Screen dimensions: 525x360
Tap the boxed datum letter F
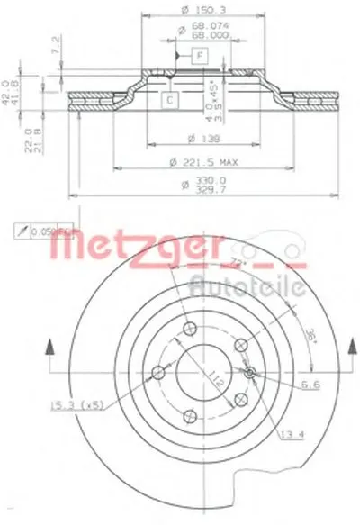(x=200, y=57)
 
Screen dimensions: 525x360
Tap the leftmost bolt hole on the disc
(x=158, y=372)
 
